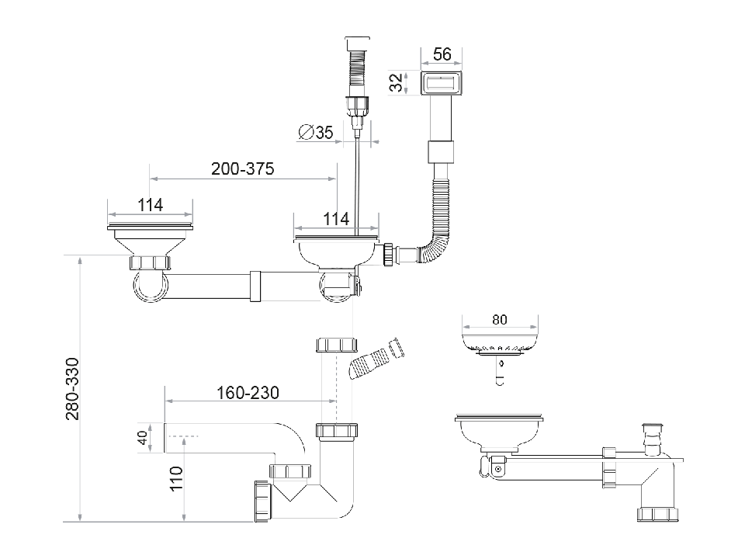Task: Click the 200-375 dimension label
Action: pyautogui.click(x=242, y=168)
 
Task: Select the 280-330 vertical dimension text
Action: pyautogui.click(x=72, y=389)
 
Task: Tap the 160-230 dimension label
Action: pyautogui.click(x=248, y=393)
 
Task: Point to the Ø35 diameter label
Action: pyautogui.click(x=316, y=133)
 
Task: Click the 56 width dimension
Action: pyautogui.click(x=442, y=54)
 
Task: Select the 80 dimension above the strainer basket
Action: pyautogui.click(x=500, y=320)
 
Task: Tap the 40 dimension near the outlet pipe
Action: pyautogui.click(x=141, y=439)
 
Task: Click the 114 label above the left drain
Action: pyautogui.click(x=150, y=205)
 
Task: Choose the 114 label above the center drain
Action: pyautogui.click(x=335, y=220)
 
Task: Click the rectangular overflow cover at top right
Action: pyautogui.click(x=442, y=83)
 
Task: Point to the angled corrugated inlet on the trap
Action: pyautogui.click(x=376, y=359)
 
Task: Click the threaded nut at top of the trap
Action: pyautogui.click(x=335, y=344)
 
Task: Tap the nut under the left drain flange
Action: pyautogui.click(x=149, y=262)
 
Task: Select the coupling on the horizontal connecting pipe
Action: pyautogui.click(x=256, y=286)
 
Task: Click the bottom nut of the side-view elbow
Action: pyautogui.click(x=658, y=513)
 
